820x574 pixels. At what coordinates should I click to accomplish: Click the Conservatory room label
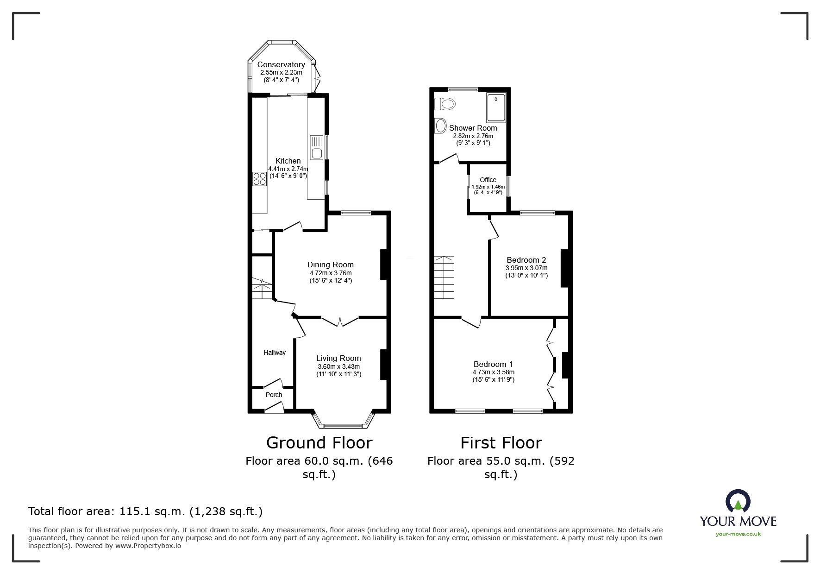[x=281, y=65]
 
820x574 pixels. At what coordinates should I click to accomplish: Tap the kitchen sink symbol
[x=317, y=147]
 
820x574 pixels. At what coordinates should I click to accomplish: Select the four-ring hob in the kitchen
[x=259, y=179]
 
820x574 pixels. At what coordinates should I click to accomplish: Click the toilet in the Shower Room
[x=445, y=104]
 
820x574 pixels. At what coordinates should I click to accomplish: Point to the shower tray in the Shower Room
[x=496, y=109]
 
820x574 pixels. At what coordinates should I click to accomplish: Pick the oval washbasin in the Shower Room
[x=440, y=125]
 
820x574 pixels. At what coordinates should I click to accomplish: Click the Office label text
[x=488, y=180]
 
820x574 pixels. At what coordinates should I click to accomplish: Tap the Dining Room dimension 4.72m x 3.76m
[x=331, y=273]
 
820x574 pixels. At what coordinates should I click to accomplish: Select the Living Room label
[x=338, y=358]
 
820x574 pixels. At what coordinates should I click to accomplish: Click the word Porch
[x=274, y=395]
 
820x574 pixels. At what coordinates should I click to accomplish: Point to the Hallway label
[x=275, y=353]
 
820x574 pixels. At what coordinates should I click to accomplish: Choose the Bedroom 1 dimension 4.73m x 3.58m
[x=494, y=372]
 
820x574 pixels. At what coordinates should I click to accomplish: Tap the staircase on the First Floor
[x=444, y=278]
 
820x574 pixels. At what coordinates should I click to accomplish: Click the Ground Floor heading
[x=319, y=443]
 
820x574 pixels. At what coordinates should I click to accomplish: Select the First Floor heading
[x=501, y=443]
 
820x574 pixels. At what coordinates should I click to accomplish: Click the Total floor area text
[x=145, y=511]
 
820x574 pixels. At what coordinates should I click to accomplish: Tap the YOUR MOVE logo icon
[x=738, y=501]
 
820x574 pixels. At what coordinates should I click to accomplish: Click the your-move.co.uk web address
[x=738, y=534]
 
